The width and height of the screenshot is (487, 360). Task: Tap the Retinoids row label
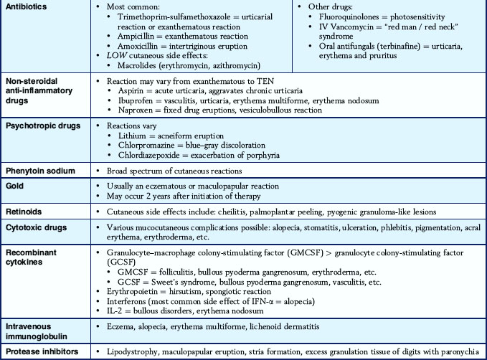coord(24,212)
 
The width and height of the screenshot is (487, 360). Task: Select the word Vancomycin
coord(342,26)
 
